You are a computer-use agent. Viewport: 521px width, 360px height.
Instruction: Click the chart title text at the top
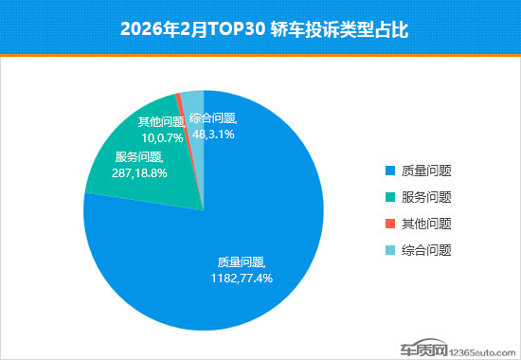[260, 28]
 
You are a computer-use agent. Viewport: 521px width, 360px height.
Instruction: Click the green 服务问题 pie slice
[142, 180]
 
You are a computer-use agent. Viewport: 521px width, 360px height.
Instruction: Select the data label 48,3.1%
[212, 135]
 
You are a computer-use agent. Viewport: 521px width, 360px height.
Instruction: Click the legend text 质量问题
[425, 171]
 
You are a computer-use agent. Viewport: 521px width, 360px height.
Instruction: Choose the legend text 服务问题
[425, 198]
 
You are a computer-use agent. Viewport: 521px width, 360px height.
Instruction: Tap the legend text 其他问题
[425, 225]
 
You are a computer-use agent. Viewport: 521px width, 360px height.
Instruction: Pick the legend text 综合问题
[425, 251]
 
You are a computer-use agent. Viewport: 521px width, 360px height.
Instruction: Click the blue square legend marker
[389, 171]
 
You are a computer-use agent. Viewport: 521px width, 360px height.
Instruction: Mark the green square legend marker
[389, 198]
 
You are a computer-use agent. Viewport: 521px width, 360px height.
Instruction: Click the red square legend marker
[389, 225]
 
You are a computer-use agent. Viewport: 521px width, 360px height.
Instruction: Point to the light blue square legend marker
[389, 251]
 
